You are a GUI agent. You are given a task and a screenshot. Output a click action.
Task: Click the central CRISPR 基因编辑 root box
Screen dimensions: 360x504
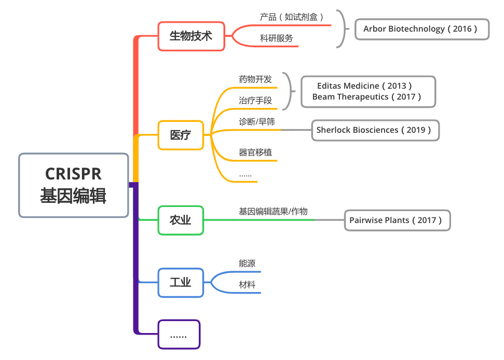pyautogui.click(x=73, y=185)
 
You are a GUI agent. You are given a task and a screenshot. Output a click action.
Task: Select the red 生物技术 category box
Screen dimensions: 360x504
pyautogui.click(x=191, y=36)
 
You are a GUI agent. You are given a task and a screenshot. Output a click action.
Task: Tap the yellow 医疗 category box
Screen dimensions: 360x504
pyautogui.click(x=181, y=135)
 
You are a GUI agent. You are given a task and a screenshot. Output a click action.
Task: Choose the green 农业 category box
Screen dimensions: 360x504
pyautogui.click(x=181, y=220)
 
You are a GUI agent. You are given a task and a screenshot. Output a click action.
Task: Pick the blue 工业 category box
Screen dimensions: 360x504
pyautogui.click(x=181, y=283)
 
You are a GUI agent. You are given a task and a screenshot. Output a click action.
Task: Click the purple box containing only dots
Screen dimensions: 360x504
pyautogui.click(x=179, y=335)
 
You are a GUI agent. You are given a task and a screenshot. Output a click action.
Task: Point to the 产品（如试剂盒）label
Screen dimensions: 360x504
pyautogui.click(x=292, y=17)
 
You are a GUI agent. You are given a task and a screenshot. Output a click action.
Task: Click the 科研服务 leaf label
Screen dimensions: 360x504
pyautogui.click(x=276, y=38)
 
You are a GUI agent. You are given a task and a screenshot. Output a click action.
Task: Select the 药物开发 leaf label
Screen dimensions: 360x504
pyautogui.click(x=255, y=79)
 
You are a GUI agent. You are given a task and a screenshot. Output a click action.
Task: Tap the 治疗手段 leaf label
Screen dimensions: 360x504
pyautogui.click(x=255, y=101)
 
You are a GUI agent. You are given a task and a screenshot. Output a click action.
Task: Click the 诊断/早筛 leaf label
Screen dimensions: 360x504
pyautogui.click(x=257, y=122)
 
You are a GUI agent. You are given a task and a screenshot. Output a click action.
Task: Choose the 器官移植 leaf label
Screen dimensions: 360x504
pyautogui.click(x=255, y=153)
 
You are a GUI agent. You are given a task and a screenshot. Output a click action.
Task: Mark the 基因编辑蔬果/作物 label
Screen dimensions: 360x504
pyautogui.click(x=273, y=212)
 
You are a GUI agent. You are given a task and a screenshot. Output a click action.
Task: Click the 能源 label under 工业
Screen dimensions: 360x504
pyautogui.click(x=247, y=264)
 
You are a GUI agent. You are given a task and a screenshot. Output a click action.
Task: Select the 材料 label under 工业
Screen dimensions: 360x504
pyautogui.click(x=247, y=285)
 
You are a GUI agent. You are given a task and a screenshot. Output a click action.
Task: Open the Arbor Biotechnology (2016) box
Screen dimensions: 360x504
pyautogui.click(x=422, y=29)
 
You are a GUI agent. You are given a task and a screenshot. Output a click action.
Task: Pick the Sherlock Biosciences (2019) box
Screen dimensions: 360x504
pyautogui.click(x=374, y=130)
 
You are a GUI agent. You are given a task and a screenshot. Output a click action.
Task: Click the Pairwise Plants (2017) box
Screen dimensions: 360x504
pyautogui.click(x=397, y=220)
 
